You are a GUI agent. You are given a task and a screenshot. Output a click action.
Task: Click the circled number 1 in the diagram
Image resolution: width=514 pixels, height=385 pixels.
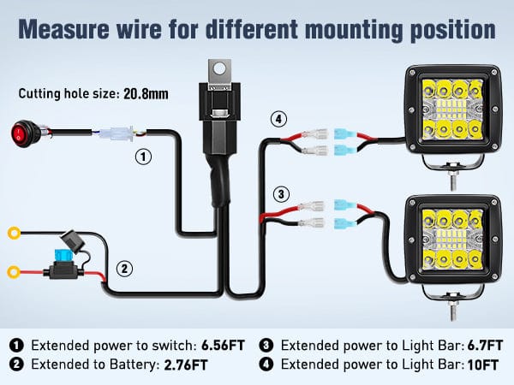pos(144,157)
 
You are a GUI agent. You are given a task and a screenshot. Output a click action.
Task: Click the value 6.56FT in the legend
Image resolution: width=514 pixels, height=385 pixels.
pos(223,346)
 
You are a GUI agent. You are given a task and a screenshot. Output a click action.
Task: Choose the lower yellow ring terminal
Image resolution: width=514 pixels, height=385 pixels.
pos(14,274)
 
